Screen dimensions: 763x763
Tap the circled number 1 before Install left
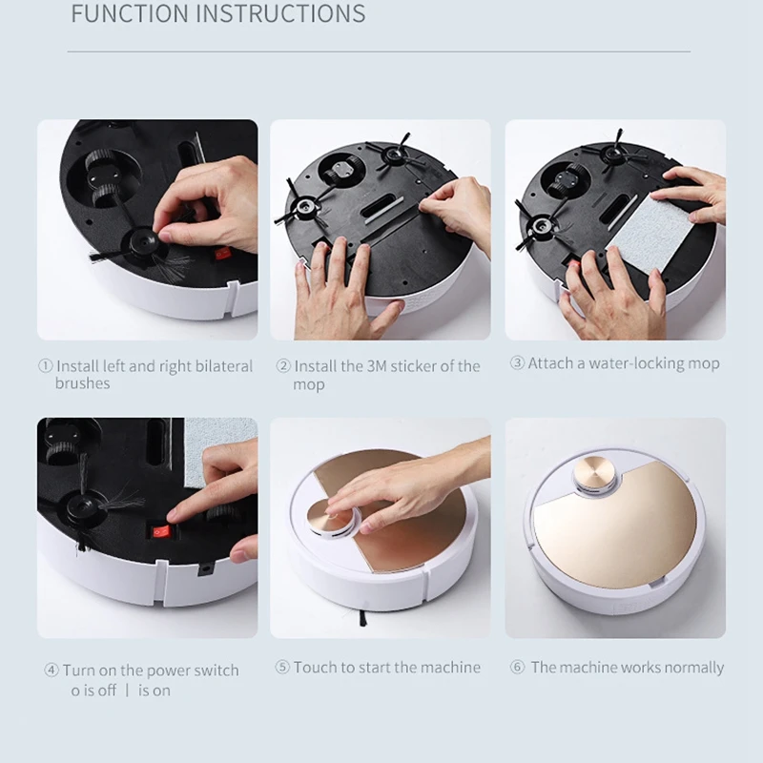coord(45,366)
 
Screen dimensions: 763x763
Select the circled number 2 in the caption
coord(283,366)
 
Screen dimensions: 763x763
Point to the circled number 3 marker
coord(517,363)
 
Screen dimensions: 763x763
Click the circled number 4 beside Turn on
coord(52,670)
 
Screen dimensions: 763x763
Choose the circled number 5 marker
coord(282,668)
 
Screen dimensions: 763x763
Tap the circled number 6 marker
coord(518,668)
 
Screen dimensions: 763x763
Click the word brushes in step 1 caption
coord(82,383)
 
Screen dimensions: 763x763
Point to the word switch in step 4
coord(216,670)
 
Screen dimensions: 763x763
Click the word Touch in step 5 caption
coord(316,668)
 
